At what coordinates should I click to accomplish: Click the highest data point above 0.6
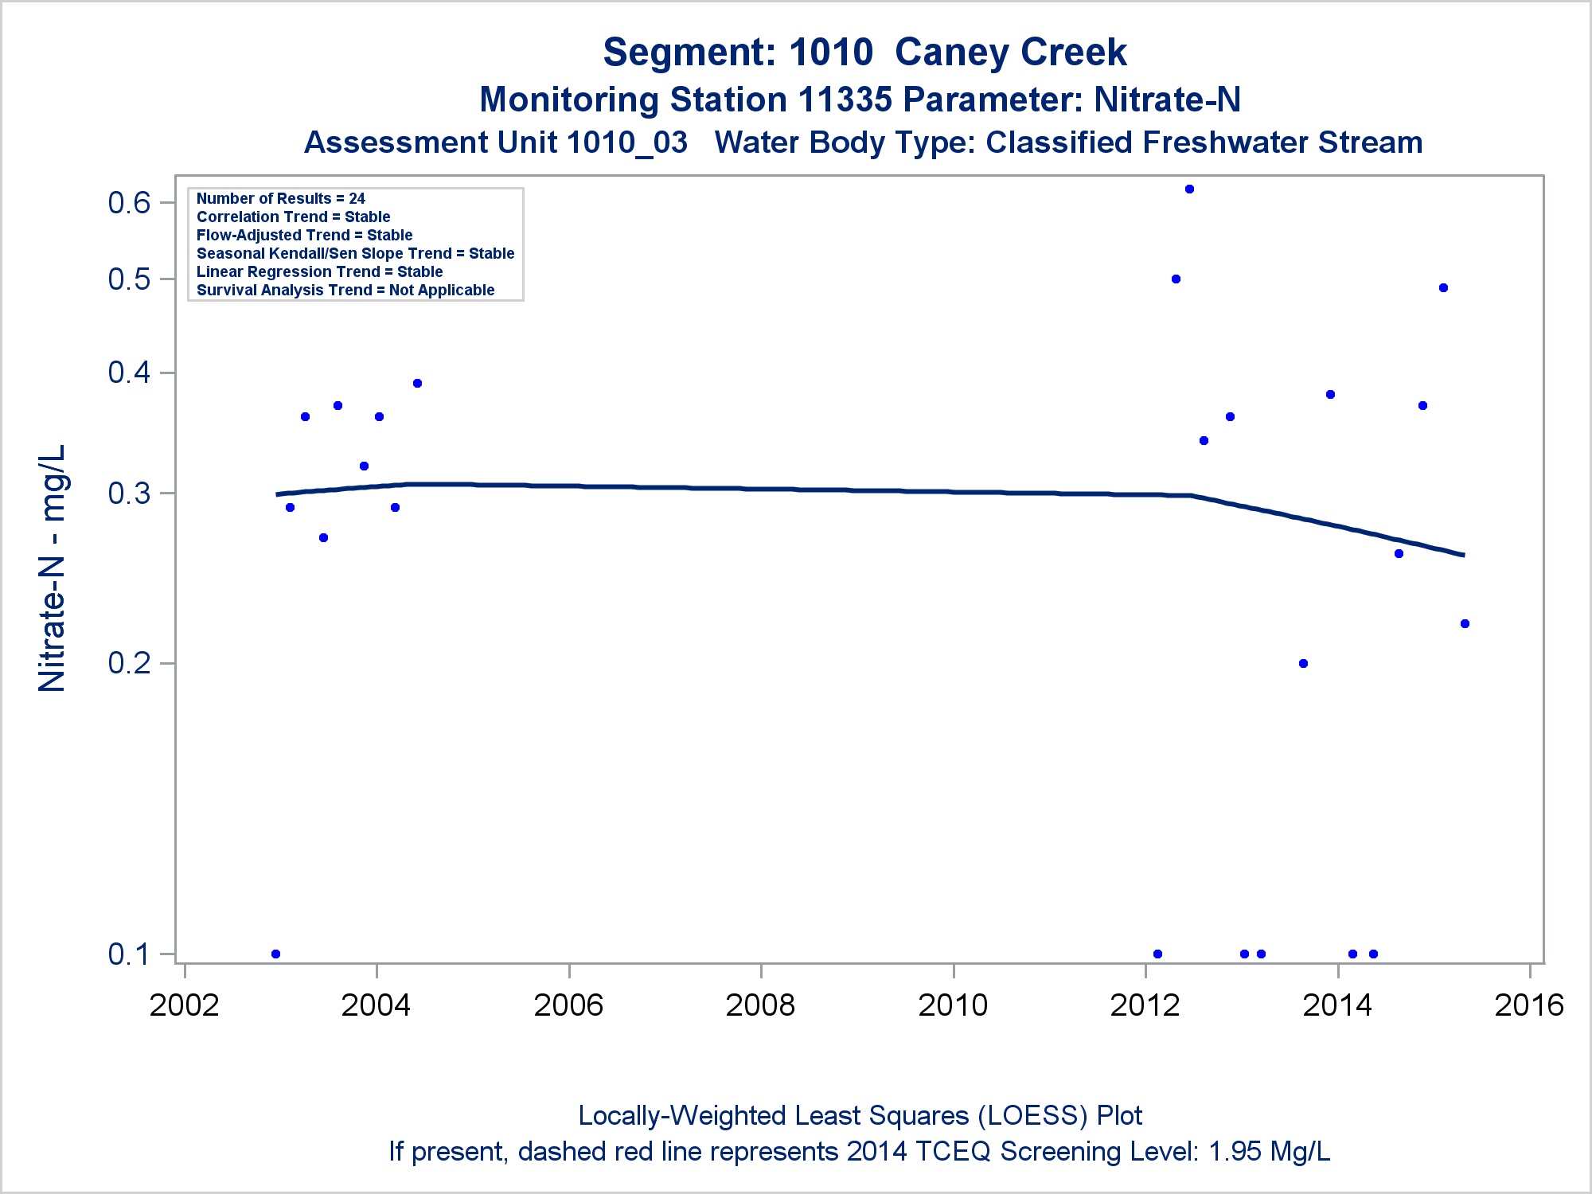[x=1189, y=189]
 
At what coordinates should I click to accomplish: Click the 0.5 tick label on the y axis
[x=129, y=279]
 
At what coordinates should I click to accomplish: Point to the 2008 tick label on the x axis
[x=760, y=1005]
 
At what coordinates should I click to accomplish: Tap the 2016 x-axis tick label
[x=1529, y=1005]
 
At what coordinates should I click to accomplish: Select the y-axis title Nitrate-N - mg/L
[x=53, y=568]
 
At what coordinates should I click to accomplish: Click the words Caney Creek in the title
[x=1010, y=53]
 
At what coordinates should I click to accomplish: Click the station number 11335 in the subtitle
[x=844, y=100]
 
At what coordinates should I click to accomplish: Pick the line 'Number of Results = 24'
[x=280, y=198]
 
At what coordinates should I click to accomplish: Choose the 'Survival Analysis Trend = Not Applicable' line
[x=345, y=290]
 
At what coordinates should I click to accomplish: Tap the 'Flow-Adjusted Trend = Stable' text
[x=304, y=235]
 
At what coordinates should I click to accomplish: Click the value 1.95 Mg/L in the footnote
[x=1269, y=1151]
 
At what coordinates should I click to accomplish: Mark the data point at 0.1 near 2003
[x=275, y=954]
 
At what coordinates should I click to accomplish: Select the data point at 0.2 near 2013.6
[x=1303, y=664]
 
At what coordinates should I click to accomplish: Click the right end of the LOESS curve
[x=1463, y=555]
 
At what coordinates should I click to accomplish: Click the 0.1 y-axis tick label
[x=129, y=954]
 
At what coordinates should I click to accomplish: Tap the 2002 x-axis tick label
[x=184, y=1005]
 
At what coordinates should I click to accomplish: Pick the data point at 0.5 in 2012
[x=1176, y=279]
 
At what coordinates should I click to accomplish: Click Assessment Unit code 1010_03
[x=626, y=142]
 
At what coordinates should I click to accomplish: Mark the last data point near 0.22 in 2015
[x=1465, y=624]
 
